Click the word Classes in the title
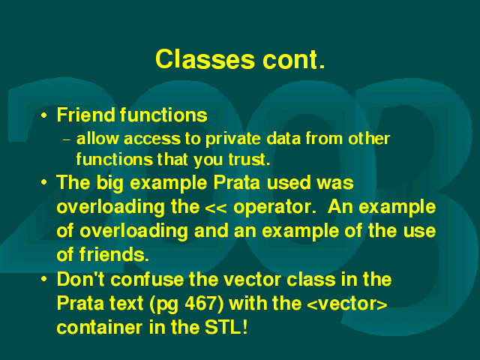(x=205, y=59)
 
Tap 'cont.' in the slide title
(x=293, y=59)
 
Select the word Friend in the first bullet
(x=85, y=115)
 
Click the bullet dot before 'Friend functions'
(x=44, y=115)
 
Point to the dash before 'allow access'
(x=67, y=140)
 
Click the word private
(x=232, y=139)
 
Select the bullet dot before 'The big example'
(x=44, y=182)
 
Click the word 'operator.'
(x=274, y=207)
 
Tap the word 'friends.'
(x=114, y=254)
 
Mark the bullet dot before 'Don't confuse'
(x=44, y=279)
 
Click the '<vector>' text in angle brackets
(x=346, y=304)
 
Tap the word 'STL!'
(x=226, y=327)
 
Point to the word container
(x=100, y=328)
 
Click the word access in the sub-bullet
(x=152, y=139)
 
